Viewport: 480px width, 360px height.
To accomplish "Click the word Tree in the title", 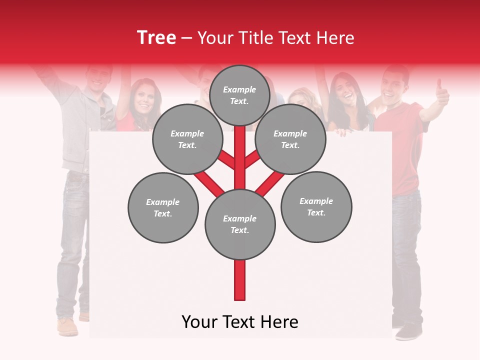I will click(156, 38).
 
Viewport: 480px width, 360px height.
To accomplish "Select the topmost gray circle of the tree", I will click(239, 95).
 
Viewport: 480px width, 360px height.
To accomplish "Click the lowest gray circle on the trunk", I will click(240, 224).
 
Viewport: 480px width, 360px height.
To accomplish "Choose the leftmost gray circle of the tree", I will click(163, 208).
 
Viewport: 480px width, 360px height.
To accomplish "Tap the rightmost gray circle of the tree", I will click(316, 207).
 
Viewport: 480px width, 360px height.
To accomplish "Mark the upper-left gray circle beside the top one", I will click(187, 139).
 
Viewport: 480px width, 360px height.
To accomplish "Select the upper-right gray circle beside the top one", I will click(290, 139).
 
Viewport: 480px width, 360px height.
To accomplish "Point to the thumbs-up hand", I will click(441, 92).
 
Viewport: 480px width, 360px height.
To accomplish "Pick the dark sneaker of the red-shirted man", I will click(409, 331).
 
